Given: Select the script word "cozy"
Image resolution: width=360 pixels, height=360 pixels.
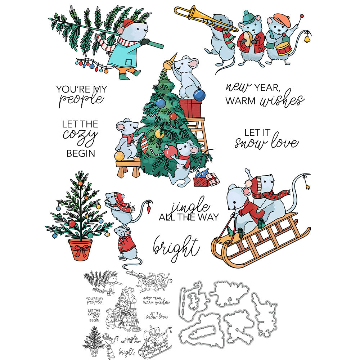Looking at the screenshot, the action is point(80,137).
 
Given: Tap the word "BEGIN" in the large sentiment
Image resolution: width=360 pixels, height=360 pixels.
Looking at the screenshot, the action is point(81,153).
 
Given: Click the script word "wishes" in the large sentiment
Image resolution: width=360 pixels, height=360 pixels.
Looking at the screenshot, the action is point(282,99).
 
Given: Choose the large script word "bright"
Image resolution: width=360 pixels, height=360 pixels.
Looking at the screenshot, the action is point(176,248).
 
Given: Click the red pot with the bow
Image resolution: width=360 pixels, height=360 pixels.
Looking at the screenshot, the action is point(80,249).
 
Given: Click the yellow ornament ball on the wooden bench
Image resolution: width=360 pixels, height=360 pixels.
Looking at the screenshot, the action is point(120,156).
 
